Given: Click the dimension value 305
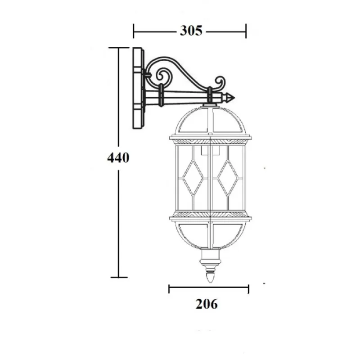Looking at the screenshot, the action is (191, 31).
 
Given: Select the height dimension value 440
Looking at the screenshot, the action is (118, 158).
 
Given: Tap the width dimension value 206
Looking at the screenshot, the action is (207, 304).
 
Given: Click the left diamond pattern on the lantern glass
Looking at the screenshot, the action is (193, 178).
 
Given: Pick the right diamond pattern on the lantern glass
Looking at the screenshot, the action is (228, 178).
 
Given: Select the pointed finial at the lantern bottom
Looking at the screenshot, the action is (210, 277).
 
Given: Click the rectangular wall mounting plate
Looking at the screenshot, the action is (138, 88).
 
